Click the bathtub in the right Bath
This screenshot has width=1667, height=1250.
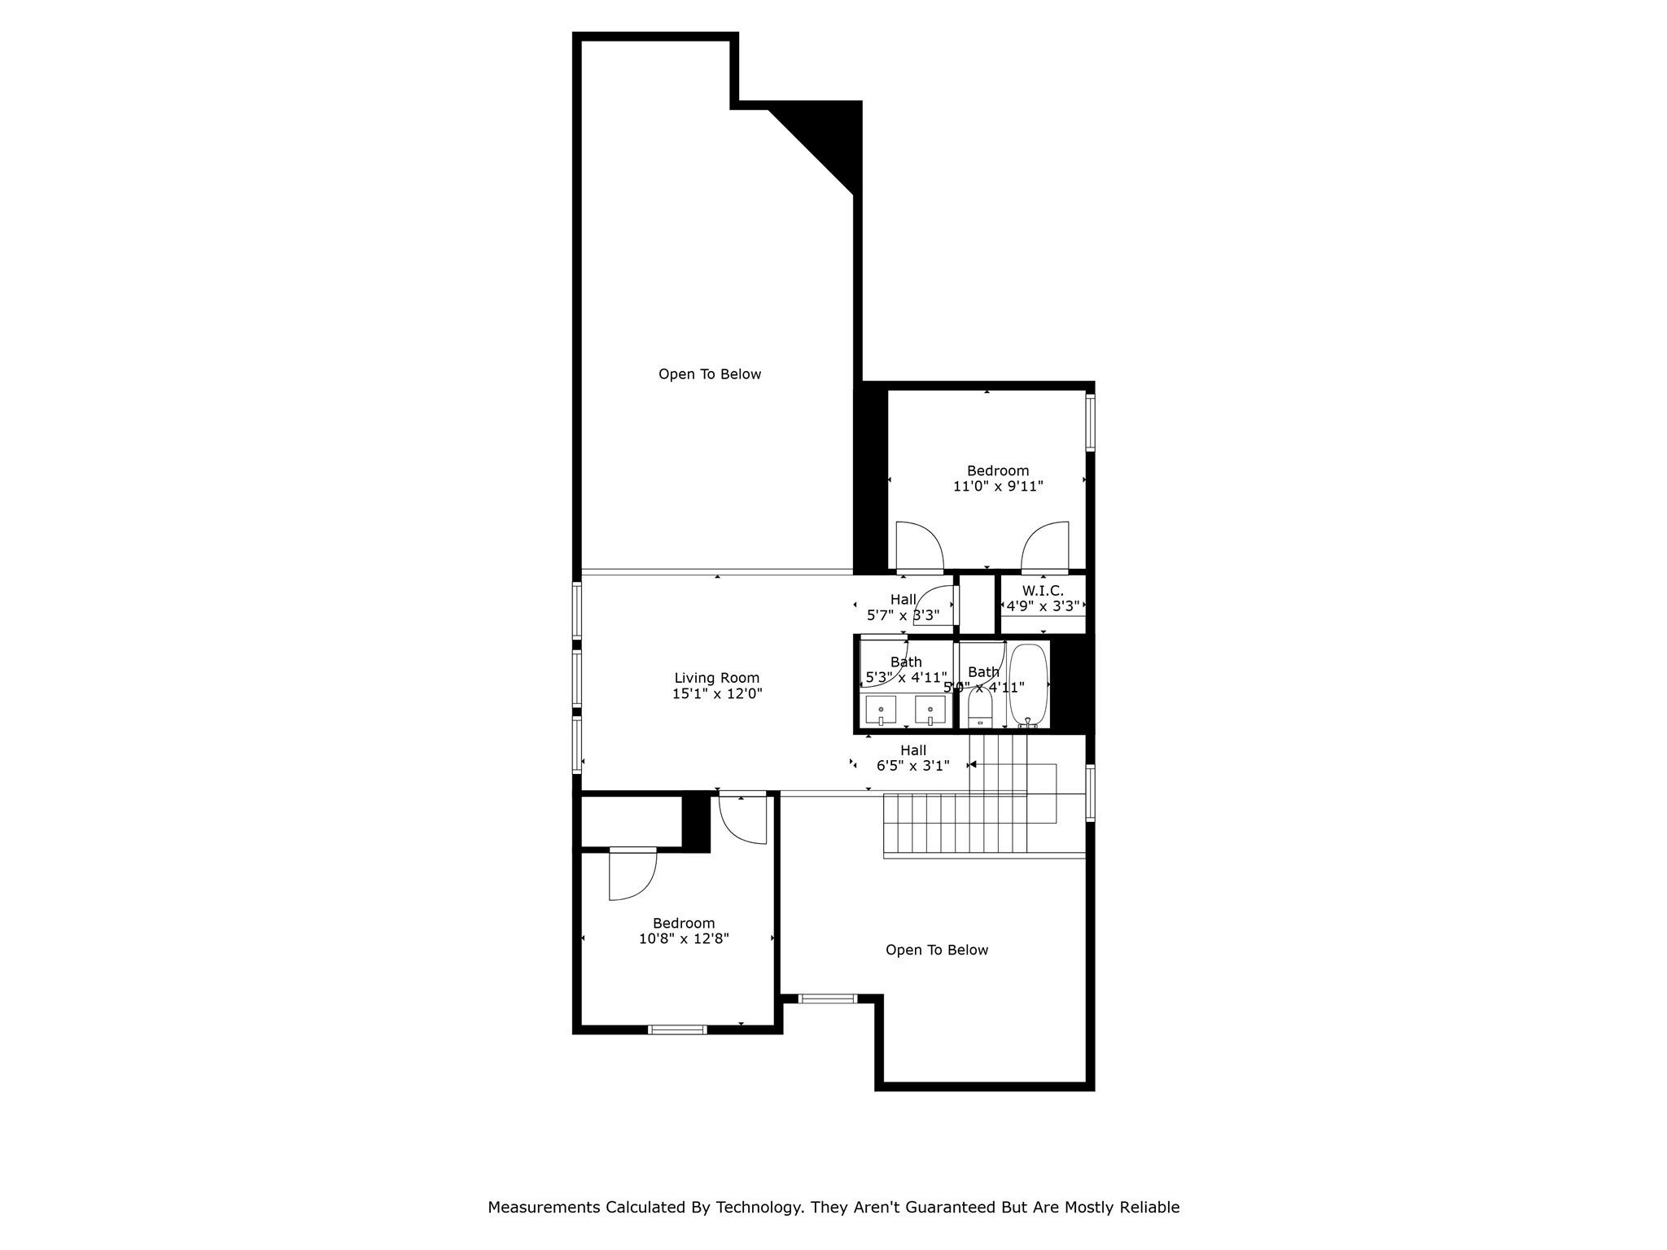(x=1027, y=684)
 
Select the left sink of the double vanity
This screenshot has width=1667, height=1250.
(x=881, y=710)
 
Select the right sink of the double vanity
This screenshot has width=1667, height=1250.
(x=930, y=710)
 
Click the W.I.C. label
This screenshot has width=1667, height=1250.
(x=1043, y=591)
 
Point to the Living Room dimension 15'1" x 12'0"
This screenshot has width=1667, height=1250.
(x=717, y=694)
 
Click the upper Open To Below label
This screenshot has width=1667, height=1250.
(x=710, y=374)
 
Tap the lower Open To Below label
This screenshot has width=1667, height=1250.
(x=936, y=950)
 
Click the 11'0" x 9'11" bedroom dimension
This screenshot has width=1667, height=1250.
(x=998, y=487)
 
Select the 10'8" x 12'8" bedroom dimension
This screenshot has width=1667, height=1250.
(x=684, y=938)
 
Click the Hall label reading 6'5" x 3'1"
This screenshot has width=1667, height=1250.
(x=912, y=766)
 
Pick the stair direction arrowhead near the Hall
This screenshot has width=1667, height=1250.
(x=973, y=764)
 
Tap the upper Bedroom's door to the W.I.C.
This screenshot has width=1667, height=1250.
(x=1046, y=545)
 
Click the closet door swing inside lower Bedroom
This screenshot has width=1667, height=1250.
(x=632, y=875)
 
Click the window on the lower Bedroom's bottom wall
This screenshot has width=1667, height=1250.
(x=677, y=1029)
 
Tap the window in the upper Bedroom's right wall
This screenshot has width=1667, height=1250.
(x=1090, y=422)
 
